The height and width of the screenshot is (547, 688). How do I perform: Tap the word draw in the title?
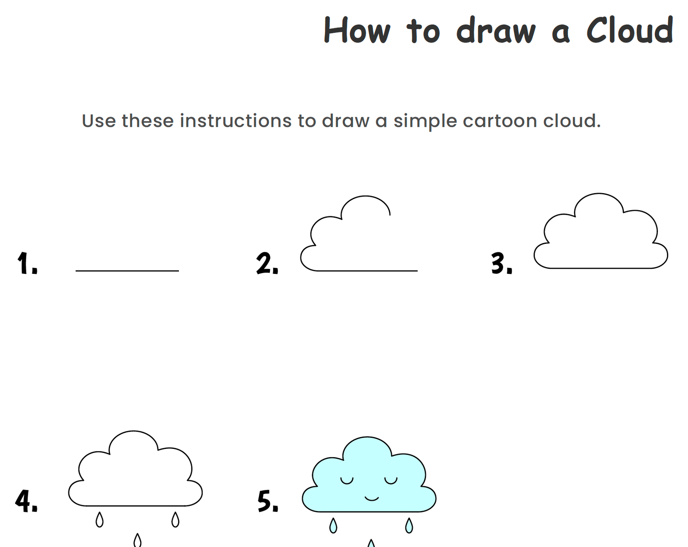point(496,30)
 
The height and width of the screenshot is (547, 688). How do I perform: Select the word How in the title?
point(357,30)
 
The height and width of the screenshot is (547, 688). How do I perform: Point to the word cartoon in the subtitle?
point(500,121)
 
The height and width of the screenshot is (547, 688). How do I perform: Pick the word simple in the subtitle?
point(425,122)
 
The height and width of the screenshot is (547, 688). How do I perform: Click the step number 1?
point(27,263)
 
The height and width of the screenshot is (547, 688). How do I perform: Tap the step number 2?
point(267,264)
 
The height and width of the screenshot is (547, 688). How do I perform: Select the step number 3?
point(502,264)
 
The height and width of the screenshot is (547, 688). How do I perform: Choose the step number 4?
point(26,501)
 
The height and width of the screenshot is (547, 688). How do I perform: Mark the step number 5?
point(268,501)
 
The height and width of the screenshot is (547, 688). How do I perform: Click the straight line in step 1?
point(127,271)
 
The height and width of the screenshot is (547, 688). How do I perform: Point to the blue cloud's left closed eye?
point(347,482)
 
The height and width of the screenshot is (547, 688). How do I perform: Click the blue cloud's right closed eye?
point(391,482)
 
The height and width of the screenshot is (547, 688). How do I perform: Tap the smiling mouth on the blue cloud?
point(372,499)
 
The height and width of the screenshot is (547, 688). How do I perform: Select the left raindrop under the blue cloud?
point(333,525)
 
